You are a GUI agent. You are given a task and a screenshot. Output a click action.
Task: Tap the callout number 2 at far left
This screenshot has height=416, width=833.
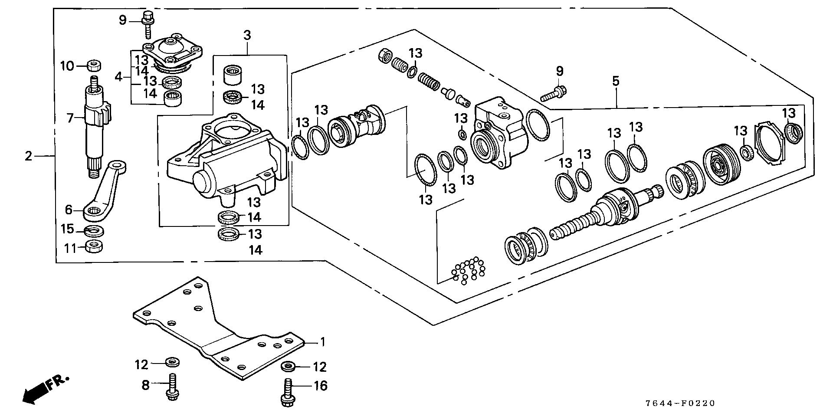click(29, 156)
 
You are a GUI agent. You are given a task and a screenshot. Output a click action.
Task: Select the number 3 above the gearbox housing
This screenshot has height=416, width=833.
click(247, 36)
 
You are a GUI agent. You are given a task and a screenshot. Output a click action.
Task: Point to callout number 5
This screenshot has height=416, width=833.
click(616, 81)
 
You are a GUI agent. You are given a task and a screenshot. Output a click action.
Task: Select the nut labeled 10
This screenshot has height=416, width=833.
click(94, 66)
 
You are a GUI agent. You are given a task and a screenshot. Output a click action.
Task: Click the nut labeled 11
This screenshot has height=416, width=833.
click(93, 247)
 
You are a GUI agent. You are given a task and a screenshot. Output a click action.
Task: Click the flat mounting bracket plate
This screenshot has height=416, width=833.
click(217, 330)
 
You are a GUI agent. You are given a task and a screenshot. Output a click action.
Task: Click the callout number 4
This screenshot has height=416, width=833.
click(119, 77)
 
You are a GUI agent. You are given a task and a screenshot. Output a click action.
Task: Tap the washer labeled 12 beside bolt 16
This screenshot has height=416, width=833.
click(288, 367)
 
